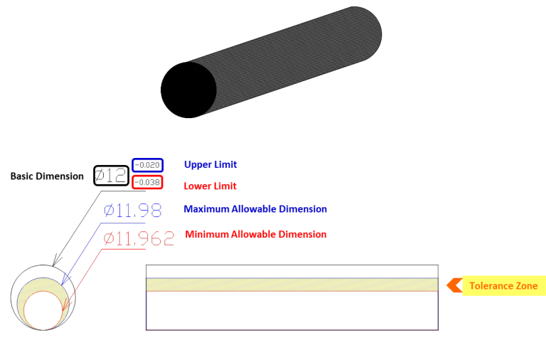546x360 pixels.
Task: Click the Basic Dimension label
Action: click(47, 176)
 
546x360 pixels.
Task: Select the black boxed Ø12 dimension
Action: click(111, 175)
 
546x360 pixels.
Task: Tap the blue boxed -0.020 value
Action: click(148, 165)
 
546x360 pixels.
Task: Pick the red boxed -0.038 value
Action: click(147, 182)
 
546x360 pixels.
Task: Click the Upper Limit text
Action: click(210, 164)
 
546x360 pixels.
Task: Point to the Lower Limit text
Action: click(210, 186)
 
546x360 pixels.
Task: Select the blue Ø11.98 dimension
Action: click(133, 211)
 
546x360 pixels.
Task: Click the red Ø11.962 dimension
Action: click(139, 238)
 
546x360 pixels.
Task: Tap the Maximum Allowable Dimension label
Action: click(255, 208)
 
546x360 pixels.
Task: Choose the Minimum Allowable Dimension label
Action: click(256, 234)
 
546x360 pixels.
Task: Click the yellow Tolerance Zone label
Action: click(504, 286)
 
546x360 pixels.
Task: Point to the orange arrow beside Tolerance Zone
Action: click(454, 285)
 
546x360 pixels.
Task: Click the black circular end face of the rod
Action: click(188, 90)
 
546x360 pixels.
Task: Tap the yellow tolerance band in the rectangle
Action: click(291, 285)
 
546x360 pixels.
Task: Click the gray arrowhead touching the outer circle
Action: click(56, 261)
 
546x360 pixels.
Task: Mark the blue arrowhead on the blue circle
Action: click(65, 280)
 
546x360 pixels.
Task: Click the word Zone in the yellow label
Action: click(527, 286)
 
